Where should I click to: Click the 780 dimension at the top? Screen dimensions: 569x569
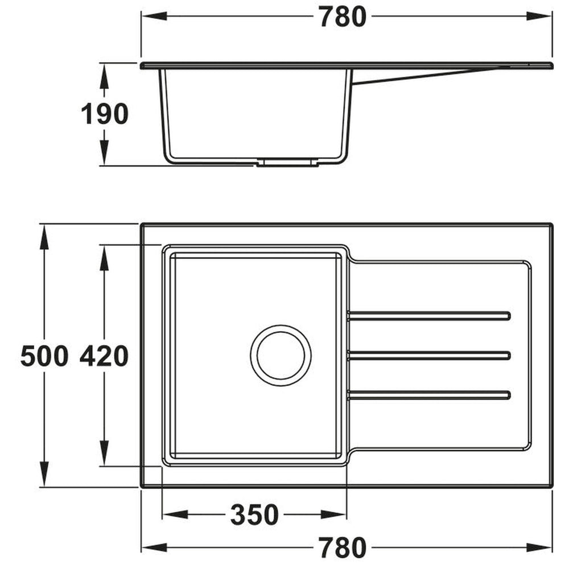tap(341, 18)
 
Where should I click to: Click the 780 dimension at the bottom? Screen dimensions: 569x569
tap(341, 547)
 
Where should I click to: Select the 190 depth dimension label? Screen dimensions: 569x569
tap(104, 115)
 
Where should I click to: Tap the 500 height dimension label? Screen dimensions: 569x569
tap(44, 357)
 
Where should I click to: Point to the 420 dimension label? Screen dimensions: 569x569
tap(104, 357)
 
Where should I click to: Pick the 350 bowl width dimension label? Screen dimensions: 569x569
tap(254, 515)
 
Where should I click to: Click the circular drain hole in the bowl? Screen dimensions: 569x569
tap(281, 356)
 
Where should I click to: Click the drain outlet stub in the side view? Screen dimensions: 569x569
tap(287, 163)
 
